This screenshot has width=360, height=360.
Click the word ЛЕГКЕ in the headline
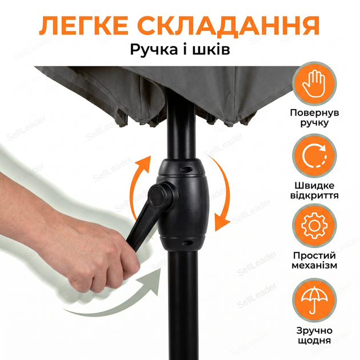83,26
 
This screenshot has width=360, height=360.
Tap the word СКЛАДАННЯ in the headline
229,26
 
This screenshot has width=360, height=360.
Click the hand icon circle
314,83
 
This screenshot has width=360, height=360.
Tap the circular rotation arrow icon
314,155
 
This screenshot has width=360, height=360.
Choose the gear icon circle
314,226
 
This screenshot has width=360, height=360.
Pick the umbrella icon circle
314,300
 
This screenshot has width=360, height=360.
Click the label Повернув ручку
314,118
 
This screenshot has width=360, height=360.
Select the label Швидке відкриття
314,190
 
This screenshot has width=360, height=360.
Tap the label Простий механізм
314,261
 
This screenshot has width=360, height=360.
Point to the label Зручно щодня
314,335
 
